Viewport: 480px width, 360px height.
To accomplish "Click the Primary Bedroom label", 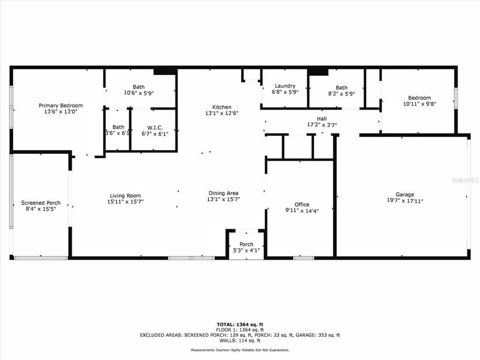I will click(x=61, y=105).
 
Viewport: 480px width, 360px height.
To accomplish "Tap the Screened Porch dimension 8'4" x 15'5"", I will click(x=40, y=209).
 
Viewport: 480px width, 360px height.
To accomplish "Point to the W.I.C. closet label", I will click(x=154, y=127).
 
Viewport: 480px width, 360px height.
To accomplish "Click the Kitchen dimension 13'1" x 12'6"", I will click(x=221, y=113).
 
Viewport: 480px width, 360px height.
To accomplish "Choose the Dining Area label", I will click(x=223, y=193).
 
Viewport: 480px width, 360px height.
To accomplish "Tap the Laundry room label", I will click(x=283, y=86).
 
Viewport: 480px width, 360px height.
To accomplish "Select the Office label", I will click(x=301, y=204).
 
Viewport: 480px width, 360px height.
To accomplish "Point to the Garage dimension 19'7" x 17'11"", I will click(x=404, y=201).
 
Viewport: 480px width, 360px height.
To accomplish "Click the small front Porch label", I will click(x=246, y=244).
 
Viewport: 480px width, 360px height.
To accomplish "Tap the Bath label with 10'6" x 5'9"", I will click(x=138, y=86).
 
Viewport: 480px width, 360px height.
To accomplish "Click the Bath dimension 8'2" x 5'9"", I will click(x=341, y=92).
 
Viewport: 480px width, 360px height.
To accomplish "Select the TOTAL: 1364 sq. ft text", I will click(x=239, y=324).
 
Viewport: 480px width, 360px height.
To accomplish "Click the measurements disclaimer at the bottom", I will click(x=239, y=350).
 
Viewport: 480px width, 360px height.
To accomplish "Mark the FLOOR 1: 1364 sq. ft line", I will click(x=239, y=330).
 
